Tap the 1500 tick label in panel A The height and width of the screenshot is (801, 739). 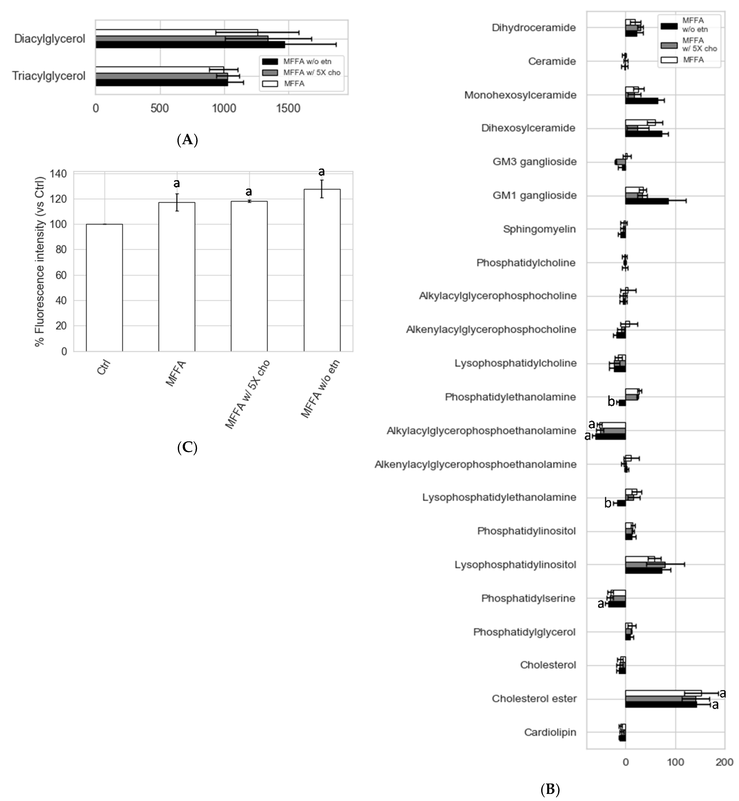[x=288, y=108]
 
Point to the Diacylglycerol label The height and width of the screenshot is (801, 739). [x=49, y=39]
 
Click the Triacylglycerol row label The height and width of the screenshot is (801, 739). [x=49, y=76]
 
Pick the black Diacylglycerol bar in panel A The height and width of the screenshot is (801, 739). [x=190, y=45]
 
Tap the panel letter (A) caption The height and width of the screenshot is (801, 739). [x=187, y=140]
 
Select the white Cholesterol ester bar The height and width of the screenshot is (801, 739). [x=663, y=693]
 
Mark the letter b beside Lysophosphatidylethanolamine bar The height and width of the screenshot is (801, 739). [x=608, y=503]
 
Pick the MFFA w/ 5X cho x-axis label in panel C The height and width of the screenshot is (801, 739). [x=247, y=393]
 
